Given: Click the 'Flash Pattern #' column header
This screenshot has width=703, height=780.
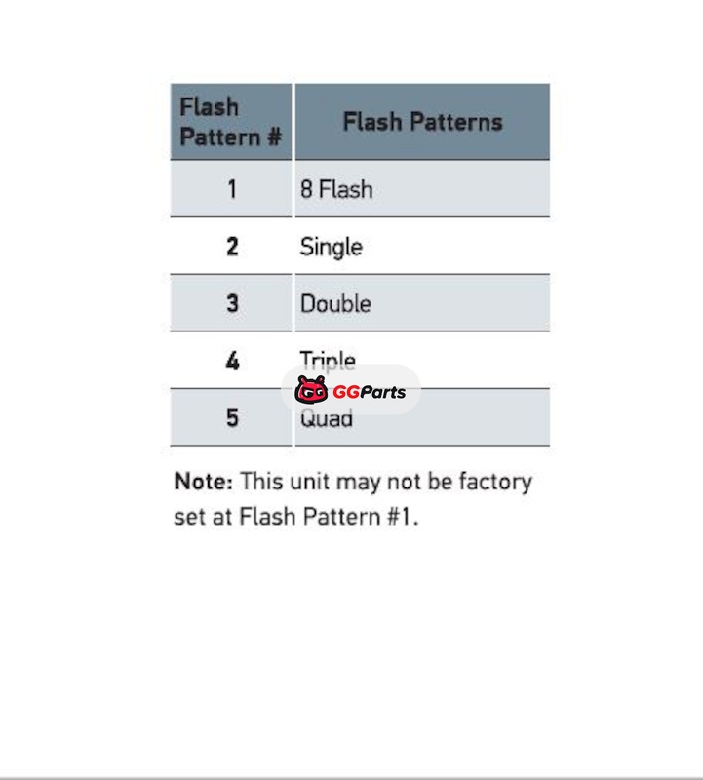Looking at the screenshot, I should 231,122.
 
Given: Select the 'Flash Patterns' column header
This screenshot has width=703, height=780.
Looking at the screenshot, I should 422,122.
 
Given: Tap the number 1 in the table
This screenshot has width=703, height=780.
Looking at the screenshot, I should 232,188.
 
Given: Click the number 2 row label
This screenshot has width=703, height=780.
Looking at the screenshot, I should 232,246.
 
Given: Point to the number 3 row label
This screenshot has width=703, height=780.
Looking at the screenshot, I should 232,303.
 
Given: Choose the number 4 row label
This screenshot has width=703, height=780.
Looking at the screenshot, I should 232,361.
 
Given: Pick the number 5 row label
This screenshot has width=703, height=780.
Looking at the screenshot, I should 232,418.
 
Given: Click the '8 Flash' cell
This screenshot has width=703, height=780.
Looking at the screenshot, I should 336,188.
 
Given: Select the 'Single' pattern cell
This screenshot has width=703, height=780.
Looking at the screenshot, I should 332,247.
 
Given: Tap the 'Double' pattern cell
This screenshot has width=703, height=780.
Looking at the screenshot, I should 335,303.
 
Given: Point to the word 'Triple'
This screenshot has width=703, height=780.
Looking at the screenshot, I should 328,360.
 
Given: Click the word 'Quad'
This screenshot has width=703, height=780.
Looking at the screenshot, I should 327,420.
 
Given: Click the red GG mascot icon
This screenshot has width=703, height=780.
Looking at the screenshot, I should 311,391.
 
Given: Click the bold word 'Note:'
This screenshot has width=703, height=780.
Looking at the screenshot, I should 203,482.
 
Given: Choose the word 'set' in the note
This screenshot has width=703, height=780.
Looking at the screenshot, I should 188,517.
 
